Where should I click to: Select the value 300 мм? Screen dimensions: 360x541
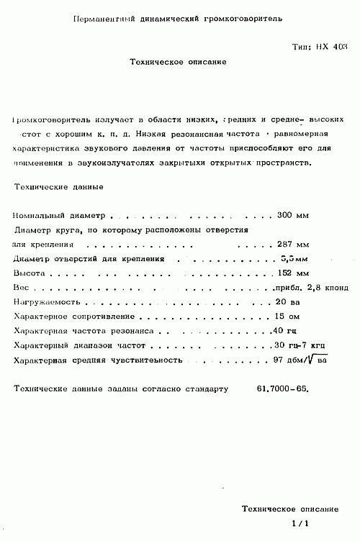pyautogui.click(x=293, y=215)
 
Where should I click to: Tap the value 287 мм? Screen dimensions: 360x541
pyautogui.click(x=293, y=244)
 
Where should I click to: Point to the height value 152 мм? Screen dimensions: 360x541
pyautogui.click(x=293, y=273)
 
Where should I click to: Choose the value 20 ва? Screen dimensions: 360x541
pyautogui.click(x=288, y=301)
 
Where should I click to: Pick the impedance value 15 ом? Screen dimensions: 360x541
pyautogui.click(x=288, y=316)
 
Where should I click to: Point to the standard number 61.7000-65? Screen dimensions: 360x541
pyautogui.click(x=282, y=388)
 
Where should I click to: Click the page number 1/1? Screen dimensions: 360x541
pyautogui.click(x=300, y=524)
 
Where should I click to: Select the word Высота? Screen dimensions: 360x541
pyautogui.click(x=30, y=273)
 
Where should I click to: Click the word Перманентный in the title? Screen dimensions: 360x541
pyautogui.click(x=105, y=16)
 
